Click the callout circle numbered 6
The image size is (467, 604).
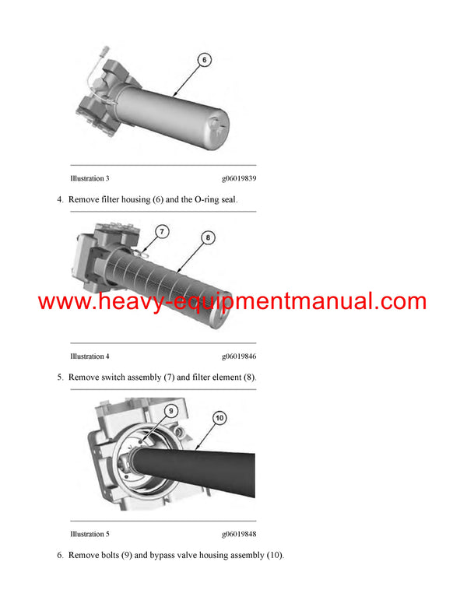(203, 59)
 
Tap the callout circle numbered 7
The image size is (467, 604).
(161, 231)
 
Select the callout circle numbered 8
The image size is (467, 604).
(209, 237)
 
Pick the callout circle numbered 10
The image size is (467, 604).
(219, 418)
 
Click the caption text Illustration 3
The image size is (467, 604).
(90, 179)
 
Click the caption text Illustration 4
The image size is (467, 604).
(90, 356)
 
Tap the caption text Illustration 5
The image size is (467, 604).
(90, 534)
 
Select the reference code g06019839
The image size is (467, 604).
(239, 179)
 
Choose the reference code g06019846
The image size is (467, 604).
(239, 356)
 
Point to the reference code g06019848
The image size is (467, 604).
(239, 534)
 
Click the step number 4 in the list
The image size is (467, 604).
(60, 200)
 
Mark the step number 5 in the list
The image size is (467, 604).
(60, 377)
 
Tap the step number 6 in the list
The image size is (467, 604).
(60, 555)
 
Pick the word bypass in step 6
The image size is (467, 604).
(176, 555)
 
